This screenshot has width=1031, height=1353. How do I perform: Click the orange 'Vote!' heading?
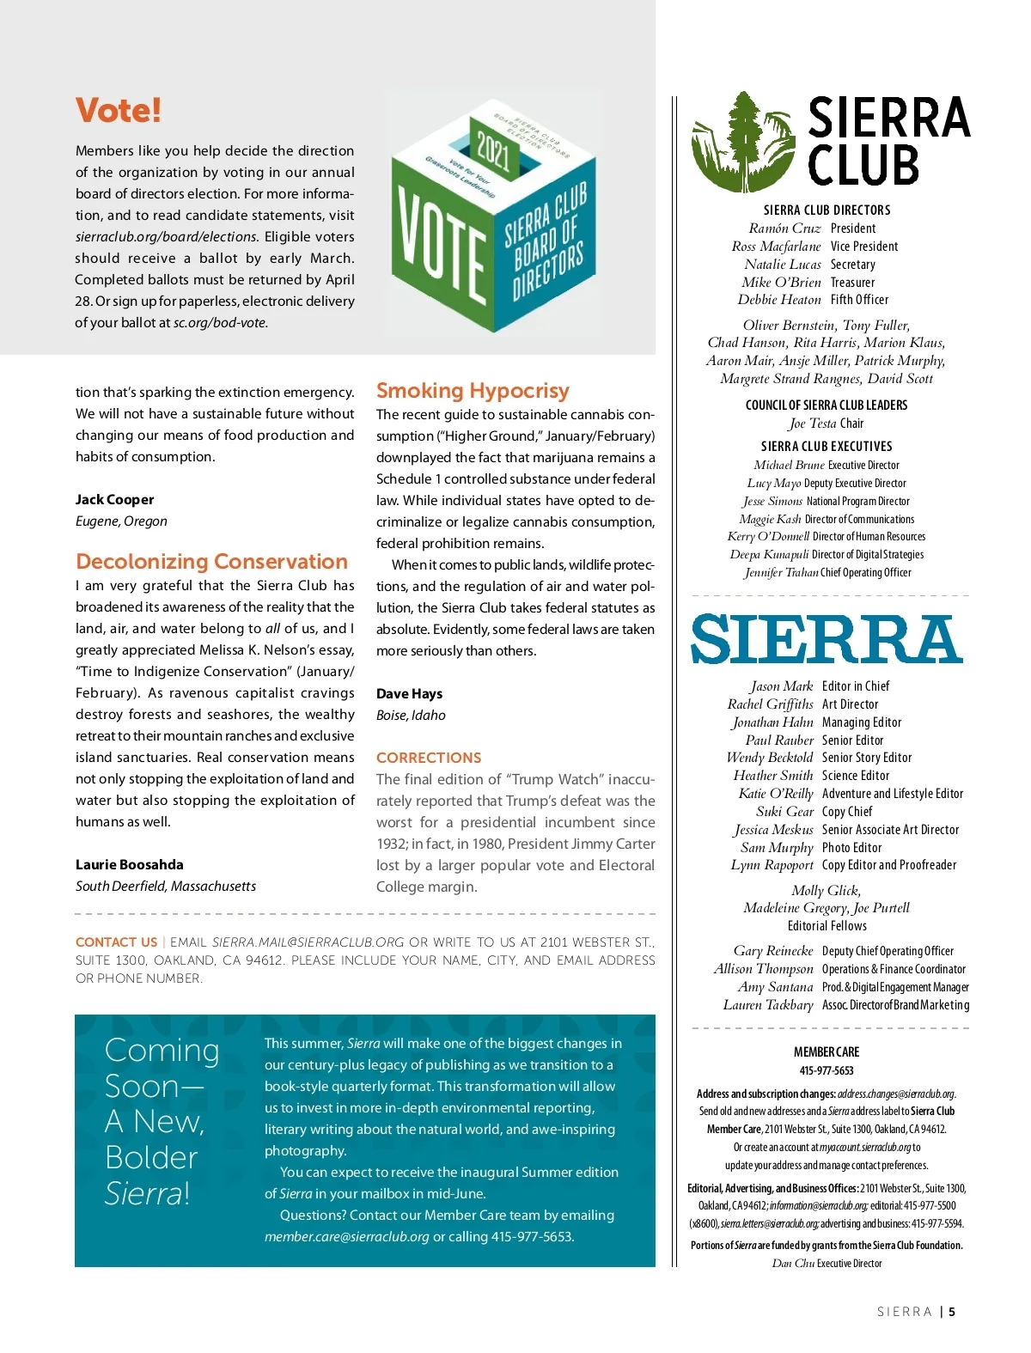(x=119, y=111)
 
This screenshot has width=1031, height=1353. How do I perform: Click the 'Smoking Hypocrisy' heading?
(x=473, y=391)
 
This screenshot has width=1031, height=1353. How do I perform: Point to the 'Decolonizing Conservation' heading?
(x=211, y=562)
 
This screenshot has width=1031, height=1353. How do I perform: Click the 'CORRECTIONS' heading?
(x=428, y=758)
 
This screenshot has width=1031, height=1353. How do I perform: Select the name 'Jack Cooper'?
(x=114, y=499)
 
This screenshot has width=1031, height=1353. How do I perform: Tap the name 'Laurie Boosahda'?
(x=129, y=864)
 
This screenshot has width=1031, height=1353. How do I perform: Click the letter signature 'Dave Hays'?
(x=409, y=693)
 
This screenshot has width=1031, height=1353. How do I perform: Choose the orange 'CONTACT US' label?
(x=116, y=942)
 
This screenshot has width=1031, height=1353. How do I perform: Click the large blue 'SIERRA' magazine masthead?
(x=827, y=639)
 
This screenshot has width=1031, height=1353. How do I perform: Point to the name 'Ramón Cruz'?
(x=784, y=229)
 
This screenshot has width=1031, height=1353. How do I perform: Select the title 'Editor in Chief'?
(x=855, y=686)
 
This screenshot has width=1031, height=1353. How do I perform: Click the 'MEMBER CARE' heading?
(x=826, y=1051)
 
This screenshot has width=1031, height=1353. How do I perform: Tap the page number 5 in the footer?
(x=951, y=1312)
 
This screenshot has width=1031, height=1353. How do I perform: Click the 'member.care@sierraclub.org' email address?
(x=346, y=1236)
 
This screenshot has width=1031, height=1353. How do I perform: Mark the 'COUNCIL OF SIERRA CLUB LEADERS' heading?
(x=826, y=405)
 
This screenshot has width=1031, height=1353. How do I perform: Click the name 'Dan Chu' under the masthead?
(x=792, y=1263)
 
